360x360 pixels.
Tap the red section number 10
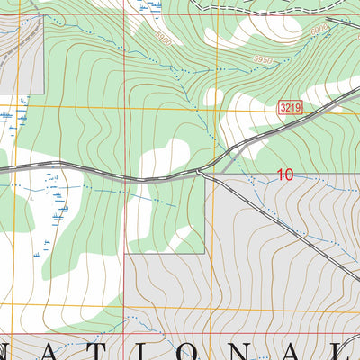click(285, 176)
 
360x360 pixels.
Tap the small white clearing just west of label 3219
click(214, 95)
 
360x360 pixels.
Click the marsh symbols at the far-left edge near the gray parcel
click(7, 117)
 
